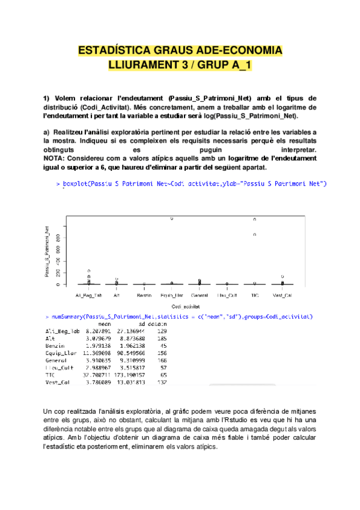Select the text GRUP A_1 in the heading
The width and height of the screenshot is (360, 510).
click(226, 64)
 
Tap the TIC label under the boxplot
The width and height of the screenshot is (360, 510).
click(254, 295)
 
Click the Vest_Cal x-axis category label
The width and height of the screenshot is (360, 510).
click(282, 295)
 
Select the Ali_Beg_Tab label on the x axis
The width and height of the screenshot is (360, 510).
click(89, 295)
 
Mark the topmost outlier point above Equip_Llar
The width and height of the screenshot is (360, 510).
click(172, 219)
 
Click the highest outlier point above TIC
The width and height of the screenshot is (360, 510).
click(254, 220)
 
